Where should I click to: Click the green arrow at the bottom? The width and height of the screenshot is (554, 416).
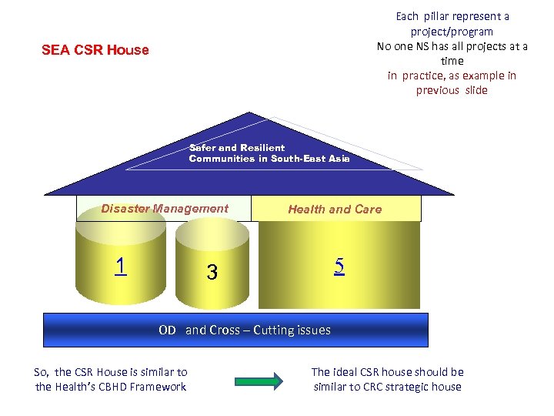click(258, 379)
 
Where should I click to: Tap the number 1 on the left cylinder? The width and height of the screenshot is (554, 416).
click(120, 266)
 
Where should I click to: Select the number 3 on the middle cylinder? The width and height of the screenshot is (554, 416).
click(212, 272)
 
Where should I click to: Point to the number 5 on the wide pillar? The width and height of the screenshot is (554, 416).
click(339, 266)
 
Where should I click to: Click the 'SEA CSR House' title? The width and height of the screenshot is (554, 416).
click(95, 50)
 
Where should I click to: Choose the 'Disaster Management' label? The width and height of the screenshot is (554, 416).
click(165, 208)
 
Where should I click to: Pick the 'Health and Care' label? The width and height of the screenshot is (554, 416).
click(335, 209)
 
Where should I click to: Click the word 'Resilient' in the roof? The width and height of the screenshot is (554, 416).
click(262, 147)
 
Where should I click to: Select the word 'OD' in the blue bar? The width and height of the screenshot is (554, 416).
click(167, 330)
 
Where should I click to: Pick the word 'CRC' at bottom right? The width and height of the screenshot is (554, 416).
click(380, 387)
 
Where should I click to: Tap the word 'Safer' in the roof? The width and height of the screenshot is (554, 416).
click(202, 147)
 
